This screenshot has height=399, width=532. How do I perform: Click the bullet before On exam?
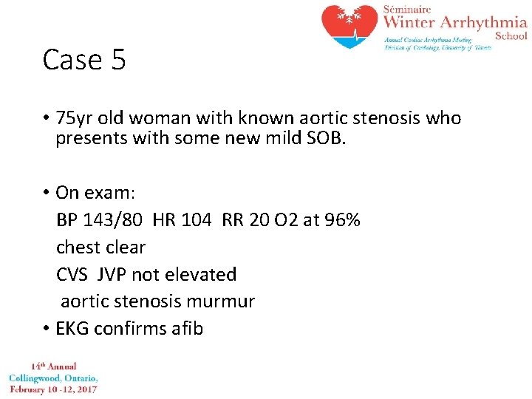[46, 194]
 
